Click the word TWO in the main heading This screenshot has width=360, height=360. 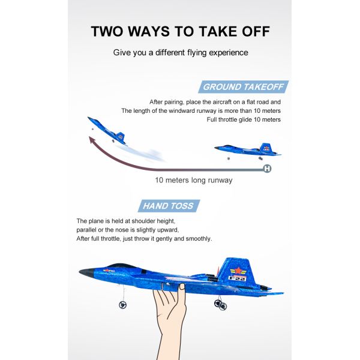coord(107,31)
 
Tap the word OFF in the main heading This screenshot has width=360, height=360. coord(256,31)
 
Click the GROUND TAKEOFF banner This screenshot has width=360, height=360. coord(244,87)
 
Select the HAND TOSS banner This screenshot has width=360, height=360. coord(169,206)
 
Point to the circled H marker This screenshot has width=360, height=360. coord(267,169)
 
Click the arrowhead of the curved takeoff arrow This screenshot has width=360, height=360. coord(92,140)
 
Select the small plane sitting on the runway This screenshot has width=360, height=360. coord(247,151)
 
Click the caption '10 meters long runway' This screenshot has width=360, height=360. coord(194,180)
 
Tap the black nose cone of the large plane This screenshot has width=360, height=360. coord(86,273)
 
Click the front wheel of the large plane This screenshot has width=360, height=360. coord(122,305)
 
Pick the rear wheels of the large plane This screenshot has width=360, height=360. coord(220,305)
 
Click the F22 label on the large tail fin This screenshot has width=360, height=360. coord(238,278)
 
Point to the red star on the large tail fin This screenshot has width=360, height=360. coord(239,271)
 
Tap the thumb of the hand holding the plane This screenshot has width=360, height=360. coord(182,290)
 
